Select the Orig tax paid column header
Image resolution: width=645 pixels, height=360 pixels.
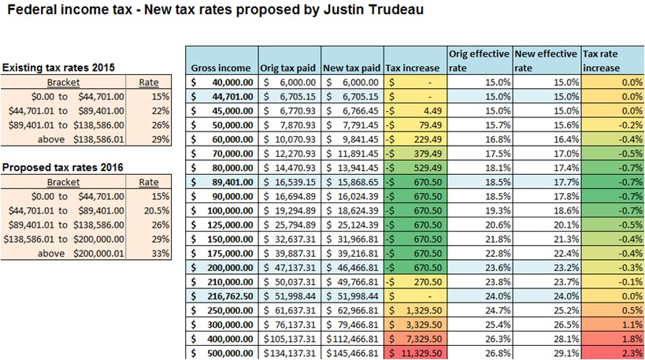tap(288, 69)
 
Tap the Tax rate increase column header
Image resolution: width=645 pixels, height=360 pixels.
tap(612, 61)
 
